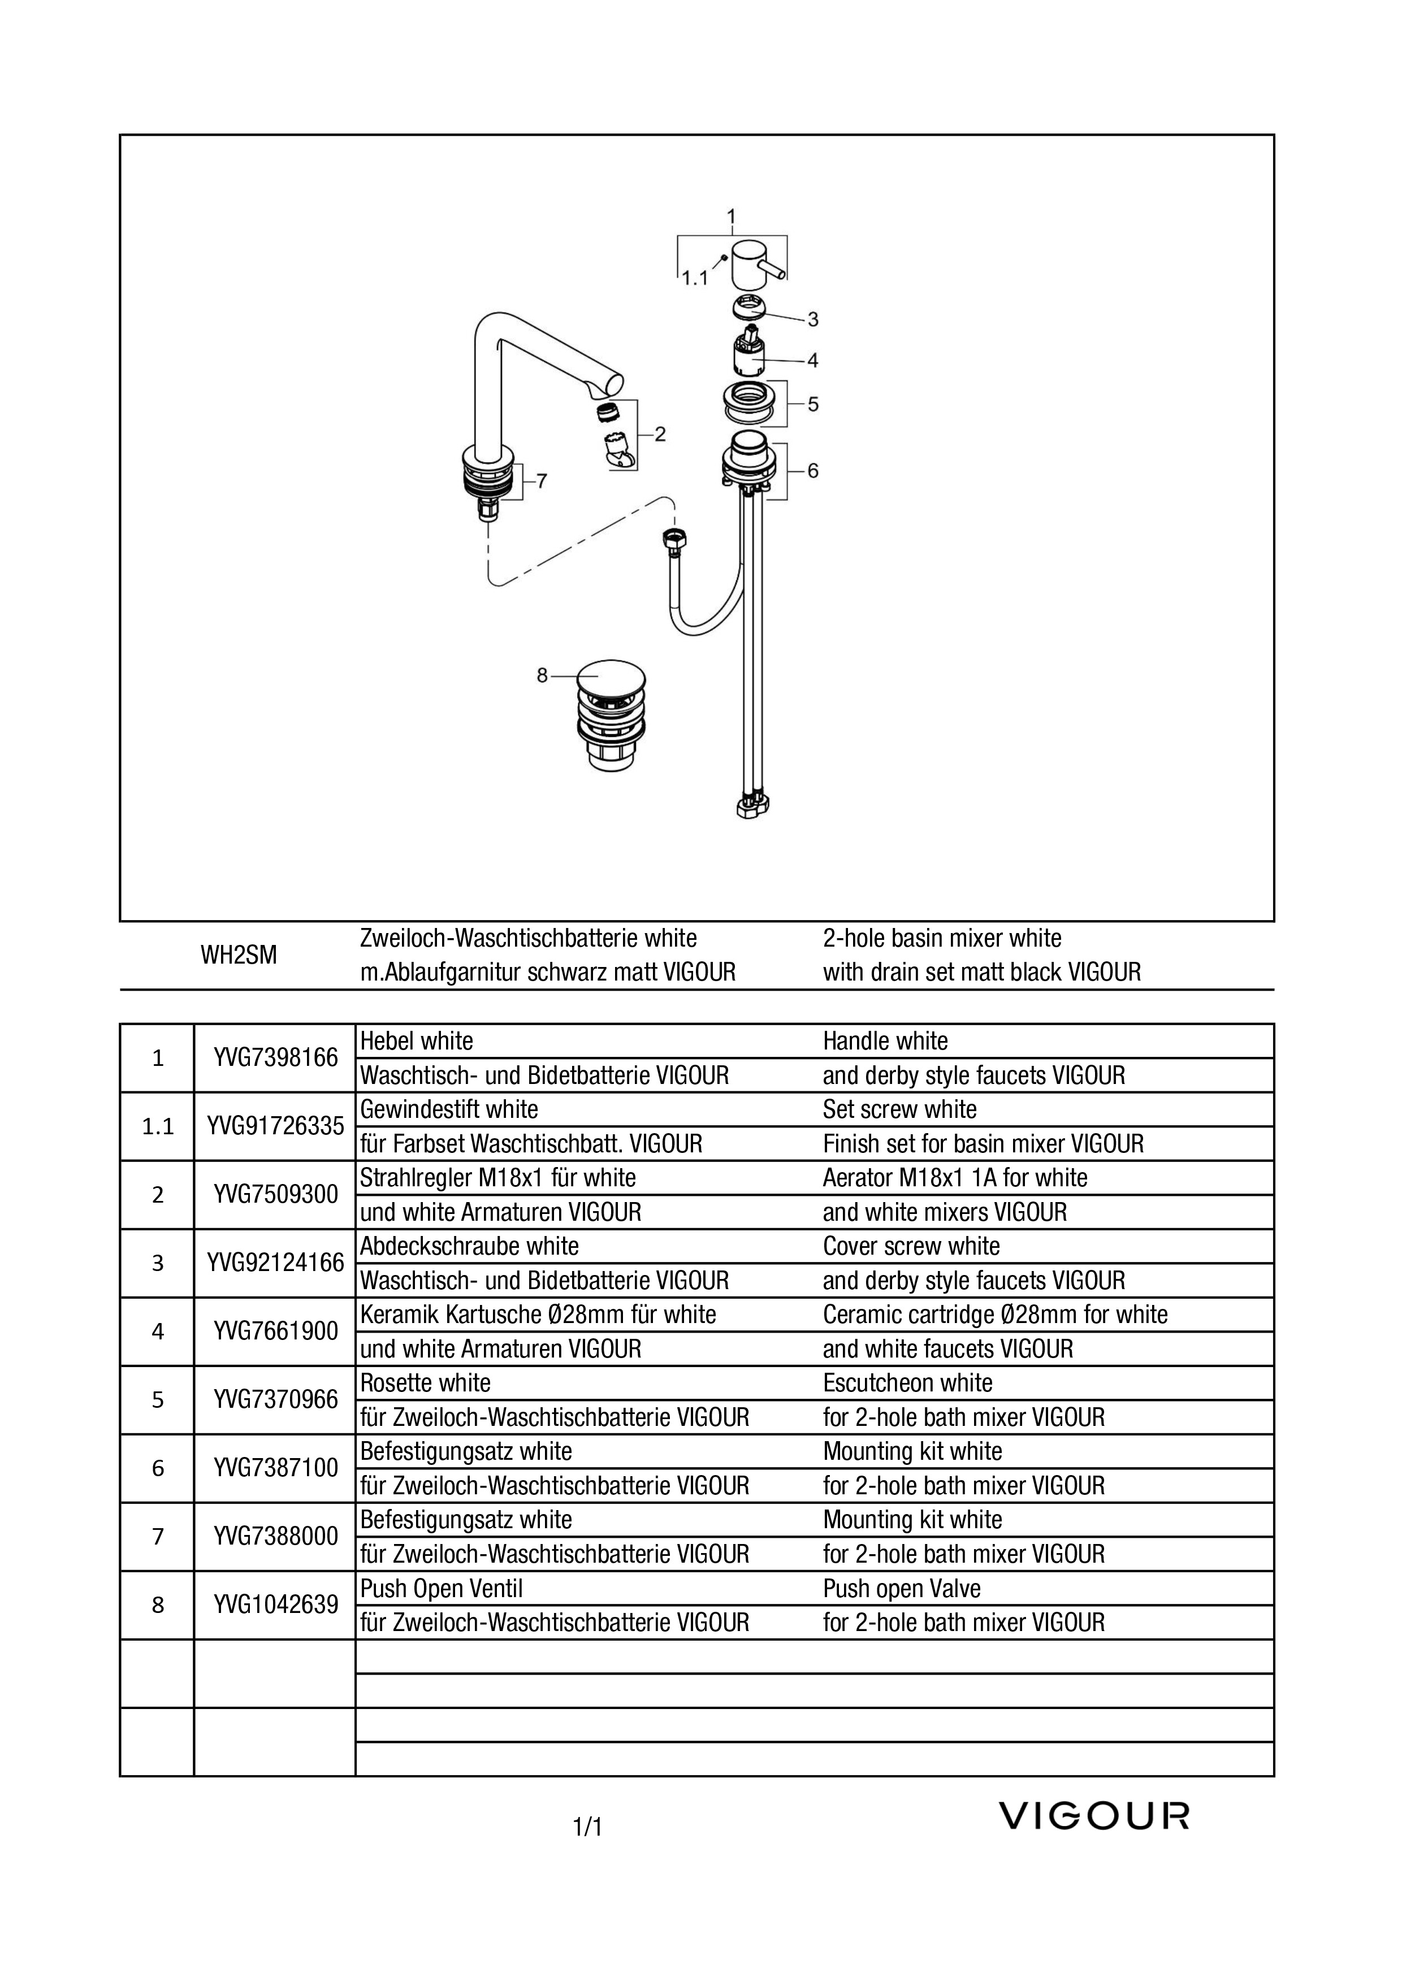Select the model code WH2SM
click(239, 956)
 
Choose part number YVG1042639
click(275, 1605)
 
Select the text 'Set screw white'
click(899, 1109)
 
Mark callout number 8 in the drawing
click(542, 676)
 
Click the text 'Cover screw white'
click(912, 1247)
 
